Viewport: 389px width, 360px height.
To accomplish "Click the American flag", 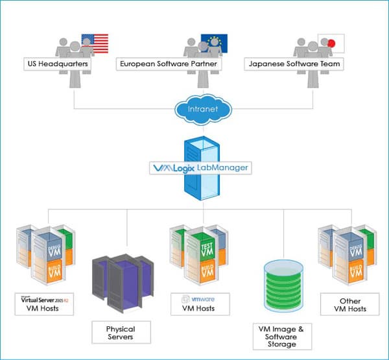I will [x=95, y=43].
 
